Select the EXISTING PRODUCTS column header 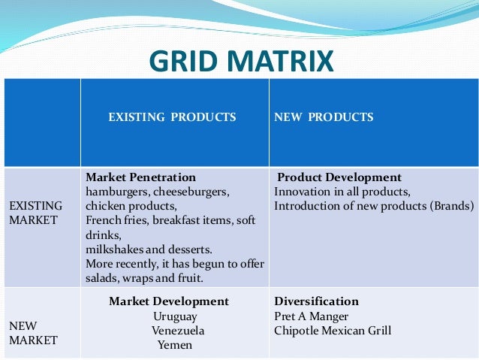(172, 117)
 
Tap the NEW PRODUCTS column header (323, 117)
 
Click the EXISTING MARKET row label (36, 210)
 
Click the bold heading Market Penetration (141, 178)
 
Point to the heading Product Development (339, 178)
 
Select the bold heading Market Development (169, 301)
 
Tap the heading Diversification (316, 301)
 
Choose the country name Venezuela (177, 331)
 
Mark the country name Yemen (175, 345)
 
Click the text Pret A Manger (312, 316)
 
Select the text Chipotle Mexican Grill (333, 331)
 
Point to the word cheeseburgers (191, 192)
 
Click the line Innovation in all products (342, 192)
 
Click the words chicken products (131, 206)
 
